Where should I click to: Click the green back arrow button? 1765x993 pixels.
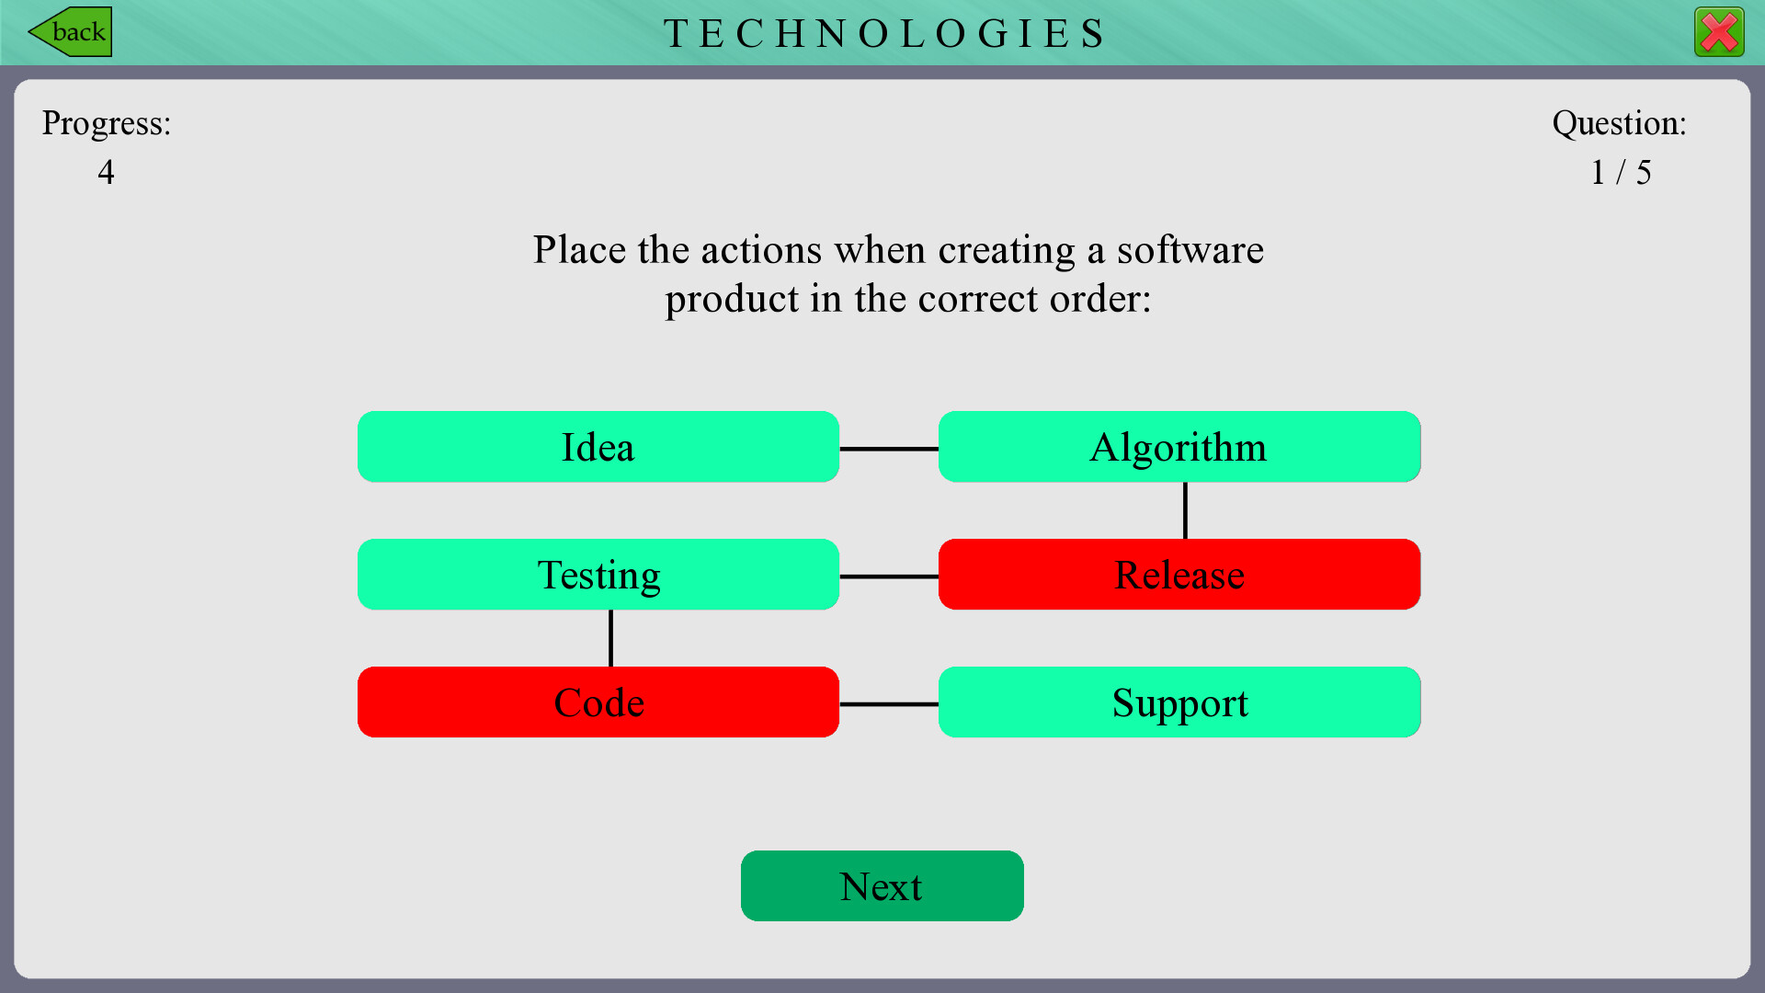click(x=71, y=32)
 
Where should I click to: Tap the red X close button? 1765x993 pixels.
click(x=1719, y=33)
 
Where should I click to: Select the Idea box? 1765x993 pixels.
click(x=598, y=447)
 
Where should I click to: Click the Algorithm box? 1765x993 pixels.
click(x=1179, y=447)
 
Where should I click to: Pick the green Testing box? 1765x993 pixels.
click(x=598, y=575)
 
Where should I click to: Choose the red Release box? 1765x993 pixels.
click(x=1179, y=575)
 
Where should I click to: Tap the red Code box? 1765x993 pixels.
click(x=598, y=702)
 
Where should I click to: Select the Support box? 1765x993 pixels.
click(x=1179, y=702)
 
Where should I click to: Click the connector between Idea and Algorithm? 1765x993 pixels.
click(x=889, y=449)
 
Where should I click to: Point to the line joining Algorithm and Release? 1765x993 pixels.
click(x=1185, y=510)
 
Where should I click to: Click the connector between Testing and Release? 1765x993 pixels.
click(x=889, y=576)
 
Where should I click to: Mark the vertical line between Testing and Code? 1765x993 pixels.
click(x=610, y=638)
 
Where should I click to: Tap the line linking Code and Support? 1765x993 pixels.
click(x=889, y=704)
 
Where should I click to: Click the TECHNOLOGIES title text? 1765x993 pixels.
click(x=884, y=34)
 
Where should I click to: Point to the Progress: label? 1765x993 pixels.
click(x=107, y=123)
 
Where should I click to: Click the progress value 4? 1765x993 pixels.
click(x=107, y=172)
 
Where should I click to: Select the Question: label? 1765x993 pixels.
click(x=1620, y=123)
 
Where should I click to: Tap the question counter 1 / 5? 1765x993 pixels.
click(x=1621, y=172)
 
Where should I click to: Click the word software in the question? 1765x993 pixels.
click(x=1190, y=250)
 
